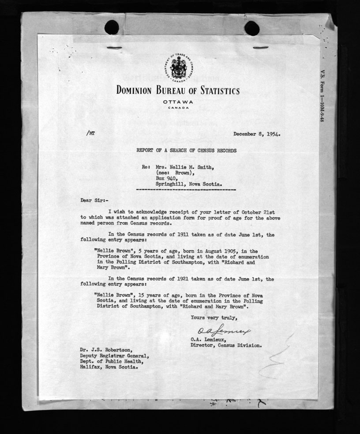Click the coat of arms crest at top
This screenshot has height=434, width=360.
tap(178, 68)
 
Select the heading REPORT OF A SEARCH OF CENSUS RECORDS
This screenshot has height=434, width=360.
tap(186, 151)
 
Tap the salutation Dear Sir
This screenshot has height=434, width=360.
tap(92, 200)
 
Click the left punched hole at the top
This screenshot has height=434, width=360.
tap(112, 28)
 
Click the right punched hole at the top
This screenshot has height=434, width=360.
tap(252, 28)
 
